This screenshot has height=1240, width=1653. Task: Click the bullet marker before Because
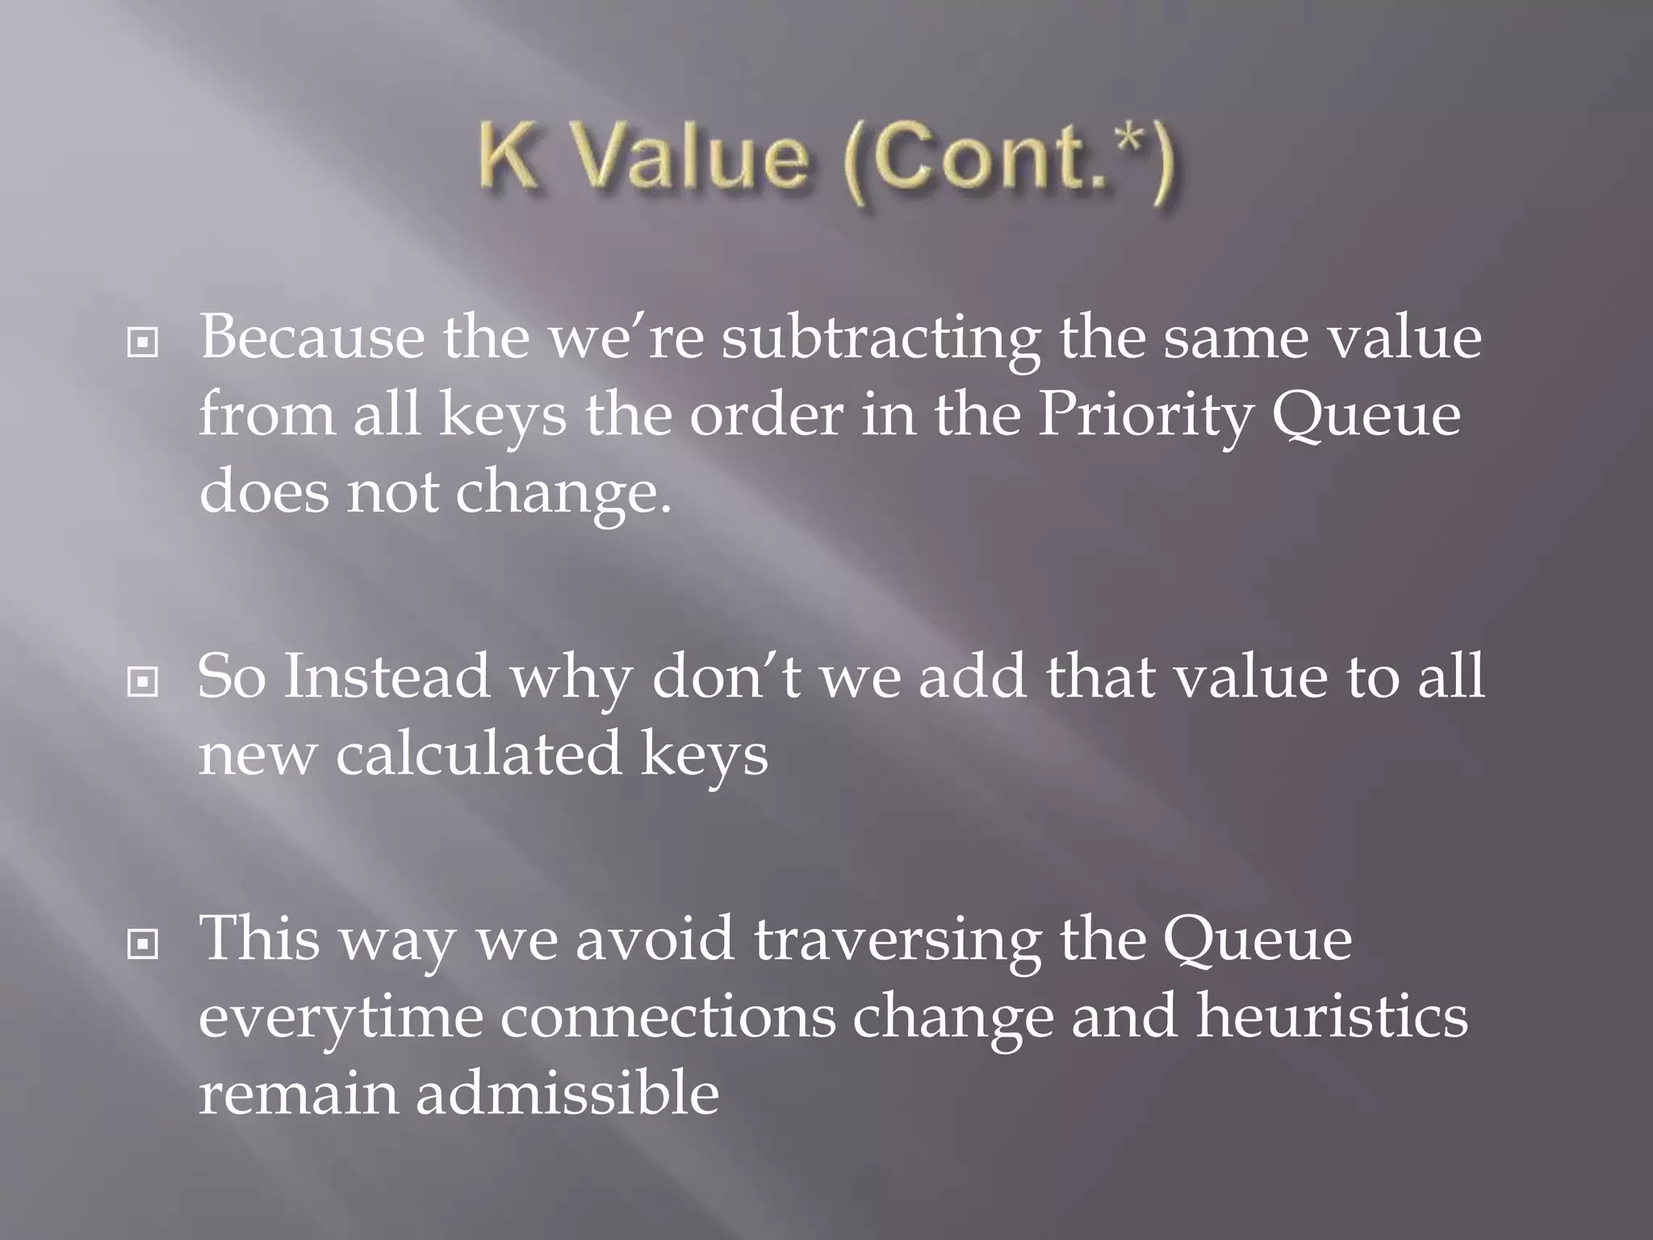point(143,345)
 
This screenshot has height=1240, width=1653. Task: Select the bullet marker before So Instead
point(143,684)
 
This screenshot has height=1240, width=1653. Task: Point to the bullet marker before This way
point(143,944)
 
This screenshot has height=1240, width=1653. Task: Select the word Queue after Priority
point(1366,415)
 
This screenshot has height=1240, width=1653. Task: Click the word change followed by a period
point(563,492)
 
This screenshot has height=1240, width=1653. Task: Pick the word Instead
point(387,677)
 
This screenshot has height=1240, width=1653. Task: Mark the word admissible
point(567,1093)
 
